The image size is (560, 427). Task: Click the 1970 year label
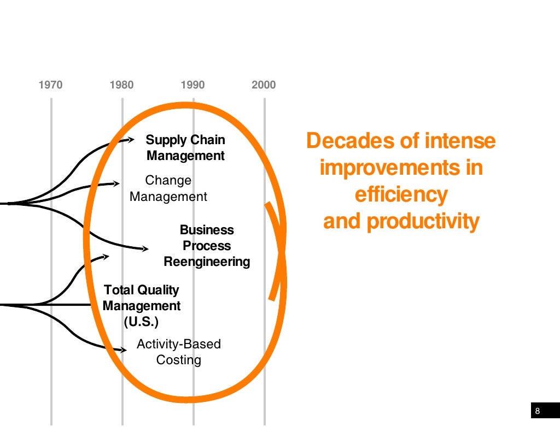(51, 85)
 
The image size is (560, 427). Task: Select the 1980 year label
(121, 85)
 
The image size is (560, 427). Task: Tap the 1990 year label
(192, 85)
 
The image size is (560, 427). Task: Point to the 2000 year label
(264, 85)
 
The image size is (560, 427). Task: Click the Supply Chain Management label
(185, 148)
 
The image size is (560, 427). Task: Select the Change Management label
(168, 188)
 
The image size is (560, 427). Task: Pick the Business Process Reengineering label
(207, 246)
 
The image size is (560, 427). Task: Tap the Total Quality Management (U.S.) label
(142, 306)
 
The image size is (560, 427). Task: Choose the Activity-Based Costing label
(179, 352)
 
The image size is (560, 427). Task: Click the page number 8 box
(538, 411)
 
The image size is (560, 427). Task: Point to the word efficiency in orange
(401, 194)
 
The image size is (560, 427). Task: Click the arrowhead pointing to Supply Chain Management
(131, 140)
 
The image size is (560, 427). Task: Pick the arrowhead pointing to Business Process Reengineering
(145, 249)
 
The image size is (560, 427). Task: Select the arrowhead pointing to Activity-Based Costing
(124, 349)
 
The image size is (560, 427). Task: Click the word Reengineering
(207, 262)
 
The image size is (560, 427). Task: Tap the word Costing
(179, 360)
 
